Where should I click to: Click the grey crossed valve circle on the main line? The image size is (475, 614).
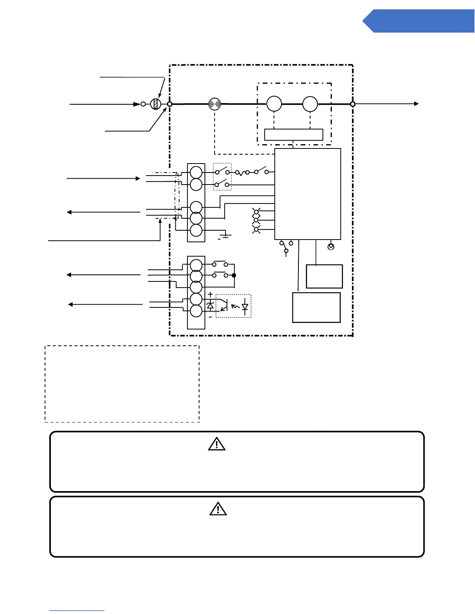click(x=215, y=104)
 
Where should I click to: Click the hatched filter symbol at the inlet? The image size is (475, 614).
click(x=156, y=104)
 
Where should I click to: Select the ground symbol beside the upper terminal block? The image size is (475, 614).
click(x=225, y=235)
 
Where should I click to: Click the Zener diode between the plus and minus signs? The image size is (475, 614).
click(x=210, y=305)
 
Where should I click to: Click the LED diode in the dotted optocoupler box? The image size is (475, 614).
click(x=245, y=306)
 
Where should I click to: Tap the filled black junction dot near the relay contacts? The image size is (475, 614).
click(x=234, y=276)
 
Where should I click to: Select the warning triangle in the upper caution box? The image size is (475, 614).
click(x=217, y=444)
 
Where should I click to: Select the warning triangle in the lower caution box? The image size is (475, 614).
click(x=218, y=509)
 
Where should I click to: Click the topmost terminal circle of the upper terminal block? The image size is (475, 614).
click(x=196, y=172)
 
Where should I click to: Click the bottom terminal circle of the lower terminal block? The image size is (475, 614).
click(x=196, y=311)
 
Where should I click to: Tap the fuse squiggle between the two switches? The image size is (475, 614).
click(x=242, y=172)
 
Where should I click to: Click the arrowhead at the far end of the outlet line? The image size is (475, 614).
click(x=416, y=104)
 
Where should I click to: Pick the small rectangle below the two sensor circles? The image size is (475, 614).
click(x=293, y=135)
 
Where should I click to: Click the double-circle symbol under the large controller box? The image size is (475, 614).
click(x=331, y=246)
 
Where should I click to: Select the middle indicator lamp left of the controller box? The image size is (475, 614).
click(x=256, y=220)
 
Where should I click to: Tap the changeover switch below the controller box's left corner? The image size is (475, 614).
click(x=286, y=247)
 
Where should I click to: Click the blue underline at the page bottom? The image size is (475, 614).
click(x=77, y=611)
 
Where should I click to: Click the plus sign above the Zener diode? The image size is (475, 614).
click(x=210, y=295)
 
